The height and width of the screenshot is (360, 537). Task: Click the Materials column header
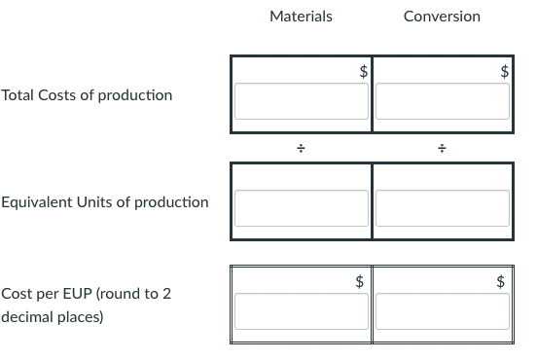click(301, 17)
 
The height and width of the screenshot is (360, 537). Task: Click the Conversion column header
click(441, 17)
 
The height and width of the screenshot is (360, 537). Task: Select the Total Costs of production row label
click(88, 95)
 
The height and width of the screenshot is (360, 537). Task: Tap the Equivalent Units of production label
click(105, 202)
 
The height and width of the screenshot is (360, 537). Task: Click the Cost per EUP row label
click(88, 294)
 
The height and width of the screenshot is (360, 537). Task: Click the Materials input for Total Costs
click(301, 101)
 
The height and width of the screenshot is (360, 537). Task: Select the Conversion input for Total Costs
click(442, 101)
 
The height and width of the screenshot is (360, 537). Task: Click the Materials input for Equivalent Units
click(301, 207)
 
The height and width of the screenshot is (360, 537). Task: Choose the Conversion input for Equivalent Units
click(442, 207)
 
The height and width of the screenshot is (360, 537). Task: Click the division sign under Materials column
click(302, 149)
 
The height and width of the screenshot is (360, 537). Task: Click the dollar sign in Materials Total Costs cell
click(363, 70)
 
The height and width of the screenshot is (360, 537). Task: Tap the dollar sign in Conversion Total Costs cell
click(503, 70)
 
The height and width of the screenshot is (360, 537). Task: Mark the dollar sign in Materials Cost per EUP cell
click(360, 281)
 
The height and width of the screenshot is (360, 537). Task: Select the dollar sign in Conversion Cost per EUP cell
click(501, 281)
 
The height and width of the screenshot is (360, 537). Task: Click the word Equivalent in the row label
click(35, 202)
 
